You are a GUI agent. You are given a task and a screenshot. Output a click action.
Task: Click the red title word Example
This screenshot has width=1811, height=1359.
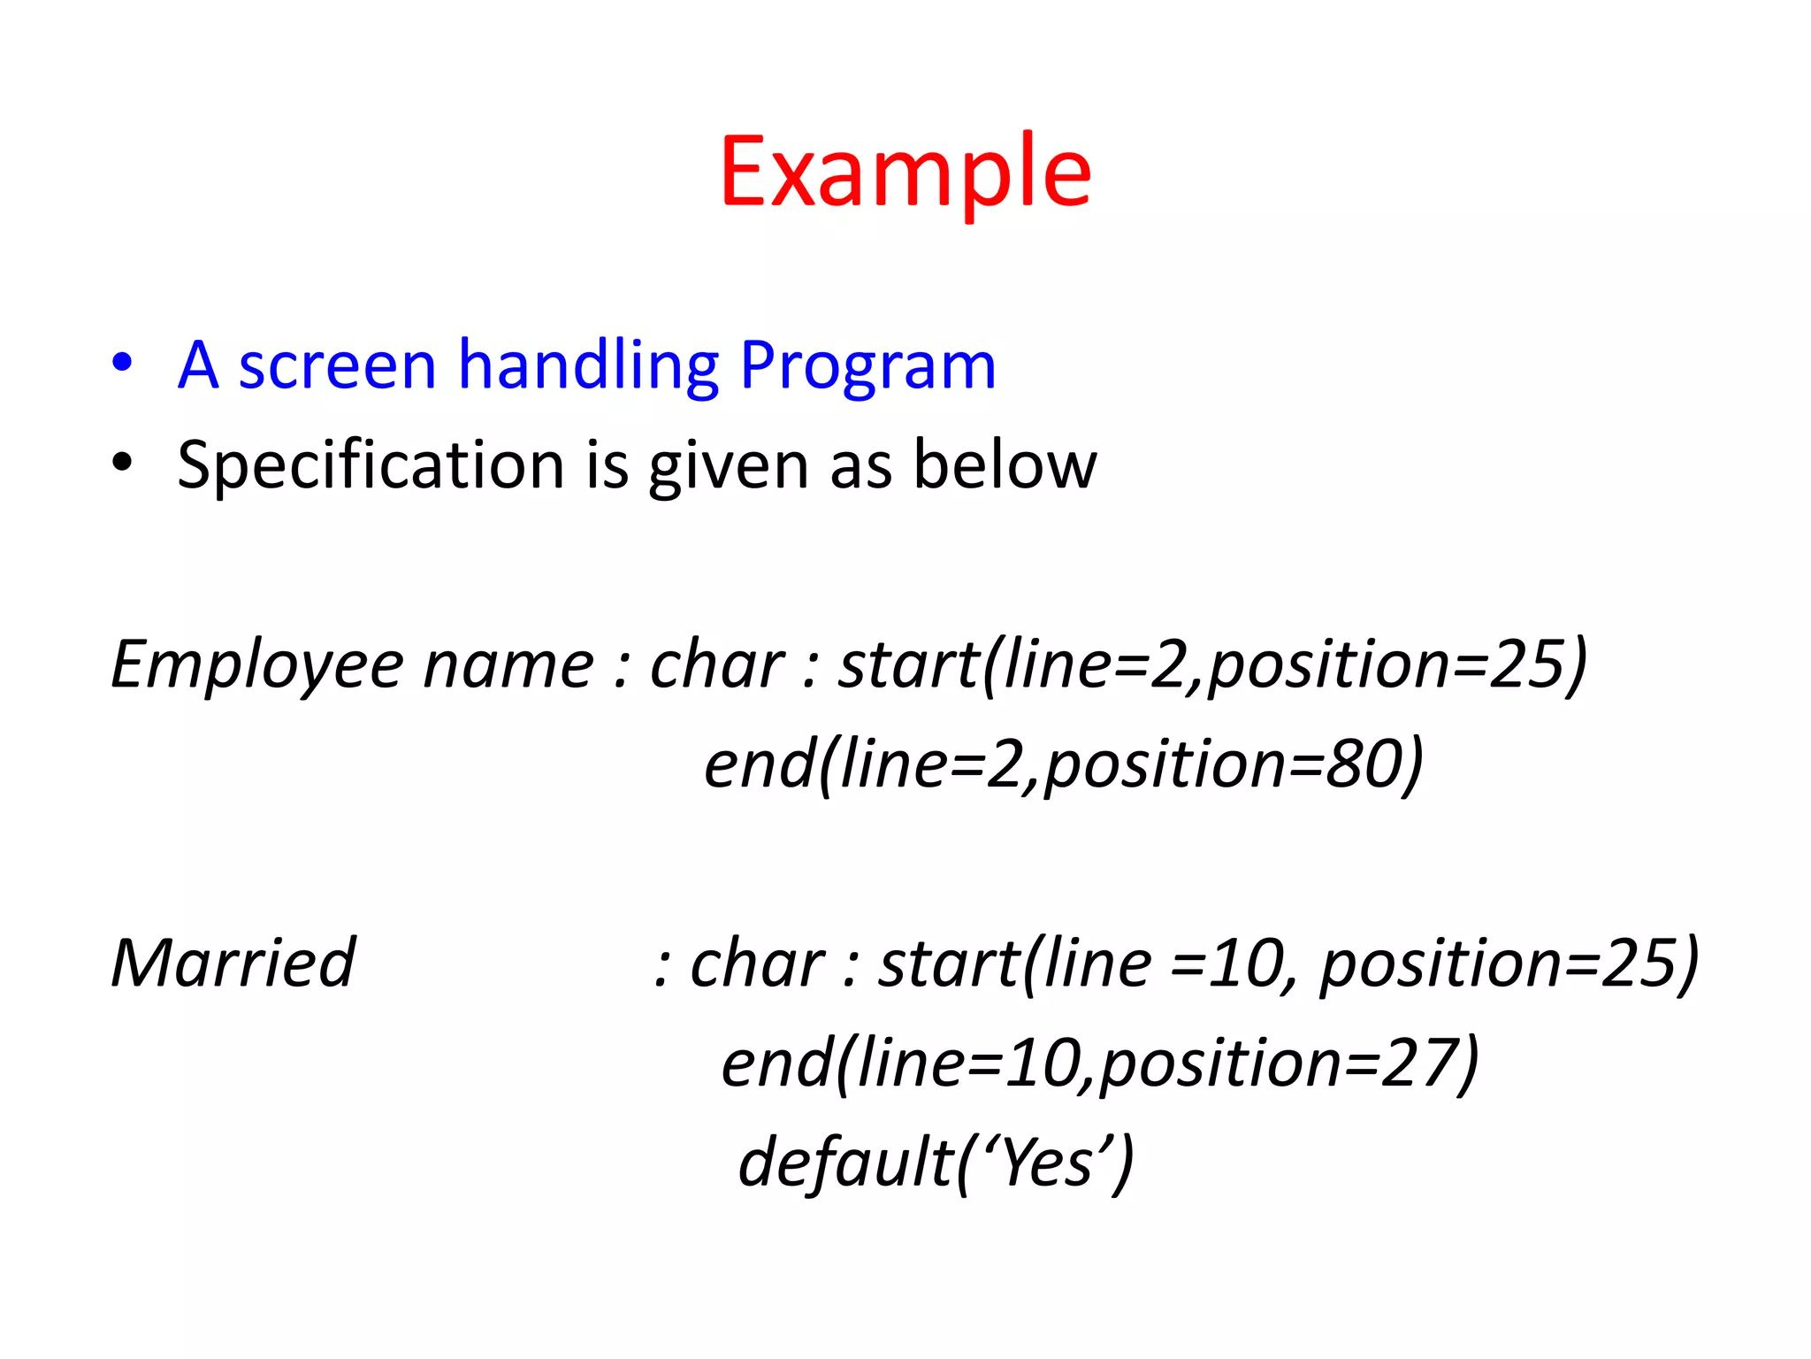(x=905, y=173)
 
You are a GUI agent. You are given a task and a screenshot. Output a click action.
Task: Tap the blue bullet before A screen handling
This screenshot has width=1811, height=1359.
(x=123, y=363)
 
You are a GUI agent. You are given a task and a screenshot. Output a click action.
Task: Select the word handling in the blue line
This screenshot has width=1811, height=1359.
(x=589, y=365)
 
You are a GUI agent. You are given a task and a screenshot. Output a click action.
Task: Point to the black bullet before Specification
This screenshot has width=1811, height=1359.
(x=123, y=463)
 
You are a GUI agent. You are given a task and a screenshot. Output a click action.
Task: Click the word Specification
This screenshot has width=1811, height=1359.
(x=371, y=465)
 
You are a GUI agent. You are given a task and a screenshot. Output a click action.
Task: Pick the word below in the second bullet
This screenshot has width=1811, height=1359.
(x=1005, y=464)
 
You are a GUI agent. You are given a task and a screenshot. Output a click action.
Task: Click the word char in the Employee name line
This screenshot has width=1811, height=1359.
(x=716, y=664)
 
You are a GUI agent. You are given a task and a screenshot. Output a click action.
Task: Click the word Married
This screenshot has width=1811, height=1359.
(x=233, y=963)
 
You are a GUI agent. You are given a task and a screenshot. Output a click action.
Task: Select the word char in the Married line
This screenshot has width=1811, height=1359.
(x=757, y=963)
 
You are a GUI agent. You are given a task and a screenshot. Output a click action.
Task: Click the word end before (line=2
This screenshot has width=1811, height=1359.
(x=760, y=764)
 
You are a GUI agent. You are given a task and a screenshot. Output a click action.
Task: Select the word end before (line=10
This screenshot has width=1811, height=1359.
(x=776, y=1063)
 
